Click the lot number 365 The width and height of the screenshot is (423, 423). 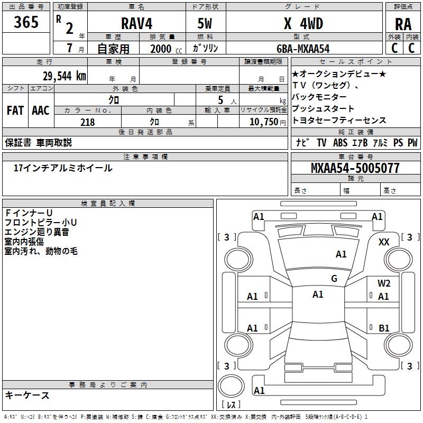tap(26, 22)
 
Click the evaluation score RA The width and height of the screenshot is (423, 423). tap(403, 24)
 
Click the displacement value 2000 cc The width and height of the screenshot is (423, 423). tap(162, 49)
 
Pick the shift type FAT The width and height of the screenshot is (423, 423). tap(15, 110)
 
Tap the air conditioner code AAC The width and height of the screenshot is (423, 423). tap(40, 110)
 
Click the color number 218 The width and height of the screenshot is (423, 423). tap(87, 122)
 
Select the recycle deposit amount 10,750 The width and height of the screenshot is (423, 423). tap(263, 122)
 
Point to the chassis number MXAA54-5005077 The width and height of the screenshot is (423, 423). tap(355, 169)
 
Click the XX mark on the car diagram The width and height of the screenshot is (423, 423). tap(384, 242)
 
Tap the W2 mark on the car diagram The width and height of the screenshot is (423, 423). tap(384, 283)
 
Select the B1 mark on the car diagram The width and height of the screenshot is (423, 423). tap(384, 328)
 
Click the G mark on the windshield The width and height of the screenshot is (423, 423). tap(334, 279)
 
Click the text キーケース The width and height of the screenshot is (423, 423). tap(27, 395)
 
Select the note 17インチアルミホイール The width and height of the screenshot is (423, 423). tap(63, 168)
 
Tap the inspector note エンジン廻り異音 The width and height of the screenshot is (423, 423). tap(36, 232)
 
